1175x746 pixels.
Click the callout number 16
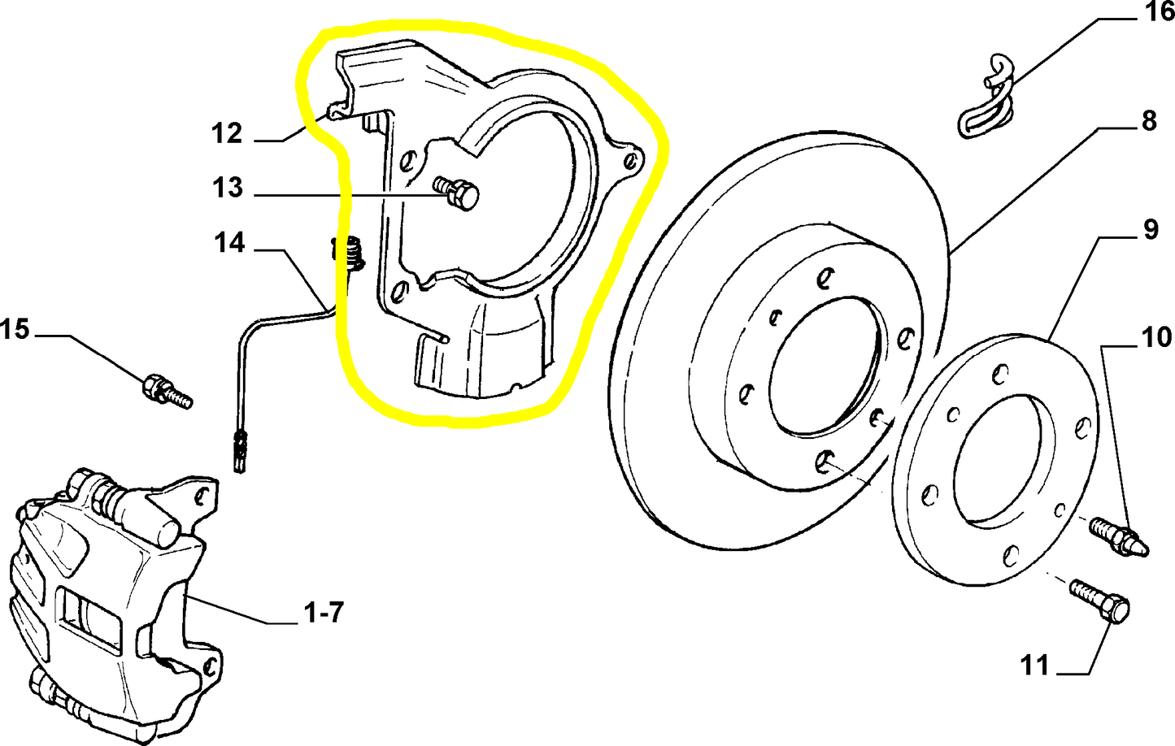pyautogui.click(x=1159, y=12)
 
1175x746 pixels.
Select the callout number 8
pyautogui.click(x=1148, y=121)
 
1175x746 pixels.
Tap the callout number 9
pyautogui.click(x=1150, y=229)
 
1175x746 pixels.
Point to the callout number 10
pyautogui.click(x=1155, y=336)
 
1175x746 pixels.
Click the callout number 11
pyautogui.click(x=1035, y=666)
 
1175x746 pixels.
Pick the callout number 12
pyautogui.click(x=227, y=133)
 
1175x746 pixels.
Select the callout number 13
pyautogui.click(x=228, y=188)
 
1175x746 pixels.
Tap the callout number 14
pyautogui.click(x=229, y=242)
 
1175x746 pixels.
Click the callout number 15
pyautogui.click(x=15, y=329)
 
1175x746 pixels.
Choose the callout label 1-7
pyautogui.click(x=324, y=612)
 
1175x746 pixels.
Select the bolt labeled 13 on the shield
pyautogui.click(x=459, y=193)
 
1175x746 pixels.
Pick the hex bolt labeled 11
pyautogui.click(x=1099, y=601)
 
